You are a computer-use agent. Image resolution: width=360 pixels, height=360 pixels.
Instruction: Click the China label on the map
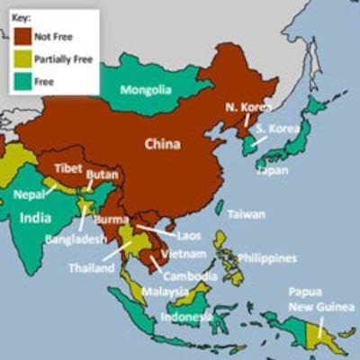coord(163,143)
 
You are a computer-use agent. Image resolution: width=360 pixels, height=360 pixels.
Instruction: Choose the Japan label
coord(273,170)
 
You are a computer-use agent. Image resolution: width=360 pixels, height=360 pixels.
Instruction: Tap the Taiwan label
coord(246,215)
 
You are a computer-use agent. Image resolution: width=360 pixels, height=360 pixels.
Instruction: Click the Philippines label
coord(266,258)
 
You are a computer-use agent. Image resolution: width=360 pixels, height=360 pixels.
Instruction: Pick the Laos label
coord(189,235)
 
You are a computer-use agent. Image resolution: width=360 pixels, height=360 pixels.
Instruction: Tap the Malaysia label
coord(165,292)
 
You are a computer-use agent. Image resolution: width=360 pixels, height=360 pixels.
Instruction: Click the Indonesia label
coord(186,317)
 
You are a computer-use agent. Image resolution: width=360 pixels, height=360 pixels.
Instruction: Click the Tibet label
coord(68,168)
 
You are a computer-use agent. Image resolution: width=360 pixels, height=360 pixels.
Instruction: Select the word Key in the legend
coord(24,17)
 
